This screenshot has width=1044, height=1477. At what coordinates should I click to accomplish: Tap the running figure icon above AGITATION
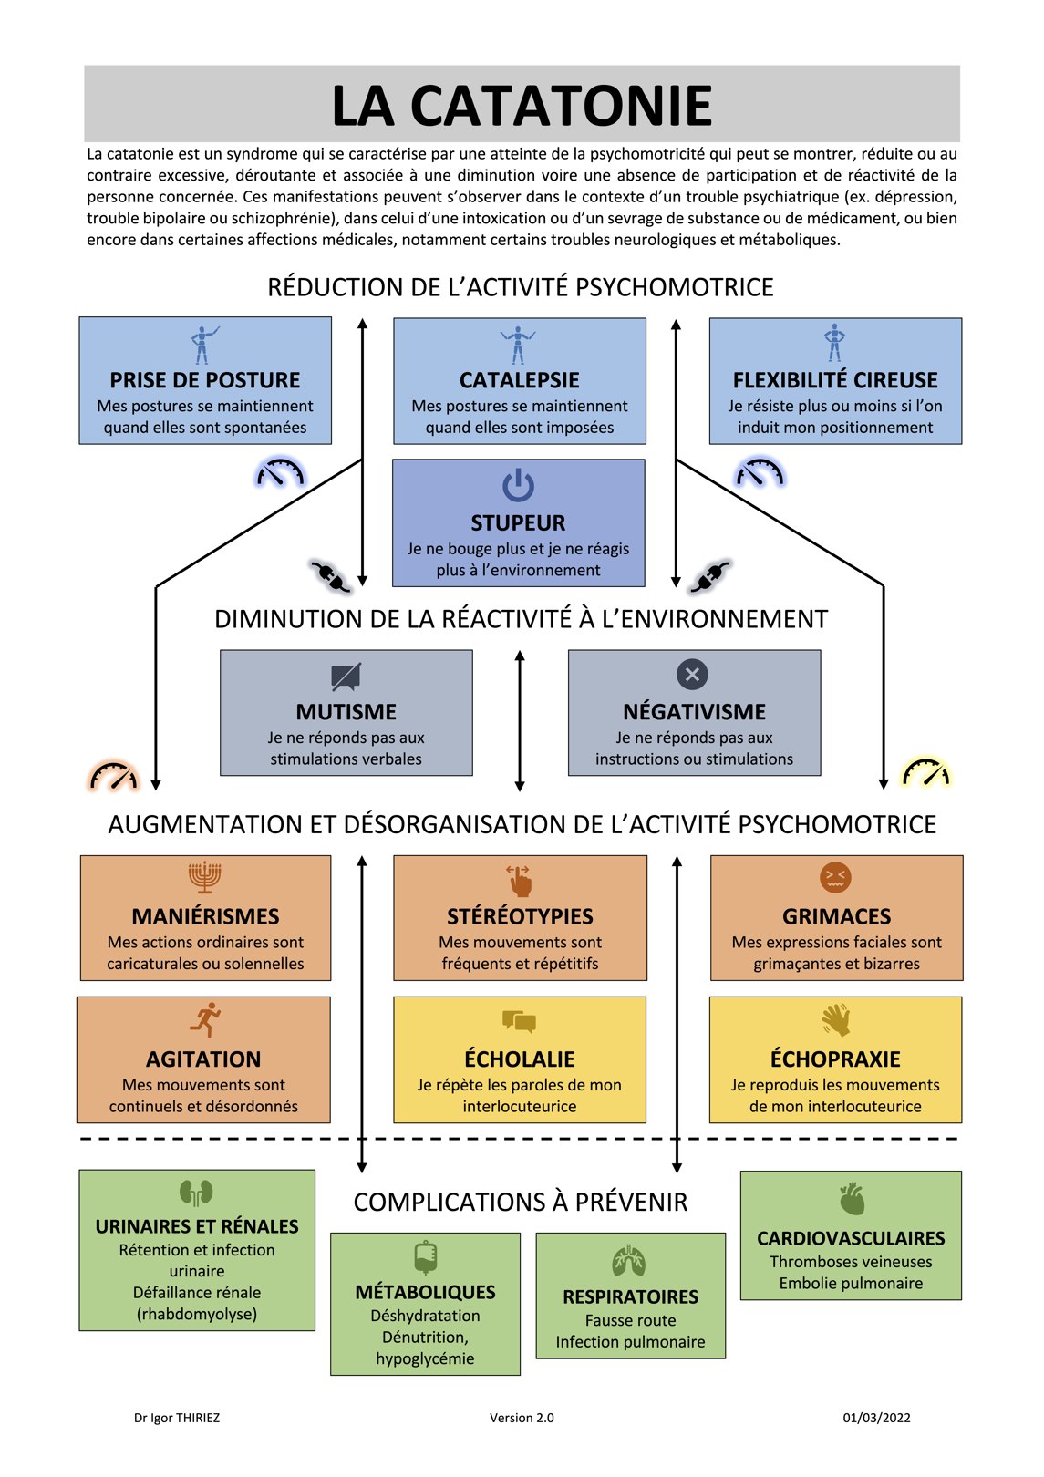(x=205, y=1019)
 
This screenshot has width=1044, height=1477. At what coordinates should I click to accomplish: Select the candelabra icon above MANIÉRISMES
(x=204, y=877)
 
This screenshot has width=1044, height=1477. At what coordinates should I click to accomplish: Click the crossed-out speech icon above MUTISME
(x=346, y=676)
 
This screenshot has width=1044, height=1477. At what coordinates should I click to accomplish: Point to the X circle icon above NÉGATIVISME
(x=692, y=674)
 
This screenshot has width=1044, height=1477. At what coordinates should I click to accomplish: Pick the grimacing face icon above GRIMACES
(x=835, y=877)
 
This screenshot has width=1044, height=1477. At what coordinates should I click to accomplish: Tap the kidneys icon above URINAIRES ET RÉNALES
(x=196, y=1193)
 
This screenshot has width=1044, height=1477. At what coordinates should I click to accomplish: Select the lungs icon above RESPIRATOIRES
(x=628, y=1260)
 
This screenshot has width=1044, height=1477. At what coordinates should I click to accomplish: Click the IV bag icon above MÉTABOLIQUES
(x=426, y=1256)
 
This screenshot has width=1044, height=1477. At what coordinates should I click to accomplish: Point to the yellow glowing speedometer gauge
(x=925, y=773)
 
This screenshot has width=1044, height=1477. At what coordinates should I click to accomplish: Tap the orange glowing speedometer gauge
(x=113, y=776)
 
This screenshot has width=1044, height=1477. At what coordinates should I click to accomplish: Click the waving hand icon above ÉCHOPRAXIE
(x=836, y=1019)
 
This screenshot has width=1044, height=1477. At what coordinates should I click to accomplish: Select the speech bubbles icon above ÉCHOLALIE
(x=519, y=1021)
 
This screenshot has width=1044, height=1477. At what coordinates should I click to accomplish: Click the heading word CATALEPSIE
(x=519, y=380)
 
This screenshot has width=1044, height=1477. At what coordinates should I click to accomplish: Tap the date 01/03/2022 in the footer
(x=876, y=1418)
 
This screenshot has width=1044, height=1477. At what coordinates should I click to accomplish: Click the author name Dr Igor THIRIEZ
(x=177, y=1418)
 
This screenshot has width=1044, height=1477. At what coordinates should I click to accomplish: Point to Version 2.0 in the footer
(x=522, y=1418)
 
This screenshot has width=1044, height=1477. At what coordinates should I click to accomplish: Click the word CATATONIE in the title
(x=562, y=106)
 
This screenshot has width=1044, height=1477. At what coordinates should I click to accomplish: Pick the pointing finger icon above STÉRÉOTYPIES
(x=519, y=880)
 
